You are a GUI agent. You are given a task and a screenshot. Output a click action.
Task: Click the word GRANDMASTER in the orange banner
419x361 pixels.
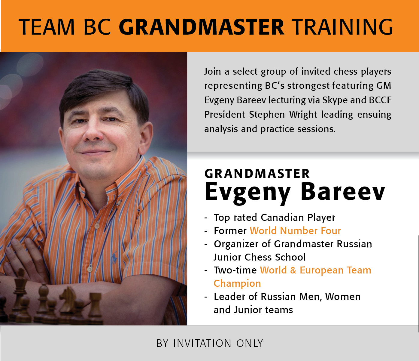[x=201, y=27]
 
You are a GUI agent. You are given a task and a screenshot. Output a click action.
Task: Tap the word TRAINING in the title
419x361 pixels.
[x=342, y=27]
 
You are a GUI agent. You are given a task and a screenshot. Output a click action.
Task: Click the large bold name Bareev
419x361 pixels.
[x=343, y=192]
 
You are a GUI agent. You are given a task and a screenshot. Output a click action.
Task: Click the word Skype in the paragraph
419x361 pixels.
[x=335, y=100]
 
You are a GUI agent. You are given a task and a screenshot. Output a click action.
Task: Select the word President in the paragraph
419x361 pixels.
[x=225, y=114]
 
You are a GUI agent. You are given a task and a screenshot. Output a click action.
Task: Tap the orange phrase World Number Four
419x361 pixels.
[x=295, y=231]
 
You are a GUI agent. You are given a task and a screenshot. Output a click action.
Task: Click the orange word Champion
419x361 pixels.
[x=237, y=284]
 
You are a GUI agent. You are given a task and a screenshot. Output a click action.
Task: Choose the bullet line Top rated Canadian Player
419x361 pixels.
[x=275, y=218]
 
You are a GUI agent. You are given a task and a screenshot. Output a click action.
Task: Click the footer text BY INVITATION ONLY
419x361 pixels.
[x=210, y=343]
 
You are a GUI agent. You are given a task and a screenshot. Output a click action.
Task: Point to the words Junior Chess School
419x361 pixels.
[x=260, y=257]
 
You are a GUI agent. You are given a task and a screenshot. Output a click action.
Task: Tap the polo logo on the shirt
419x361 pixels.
[x=114, y=258]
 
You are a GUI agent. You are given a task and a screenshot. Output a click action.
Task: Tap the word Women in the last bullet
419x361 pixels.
[x=343, y=297]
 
